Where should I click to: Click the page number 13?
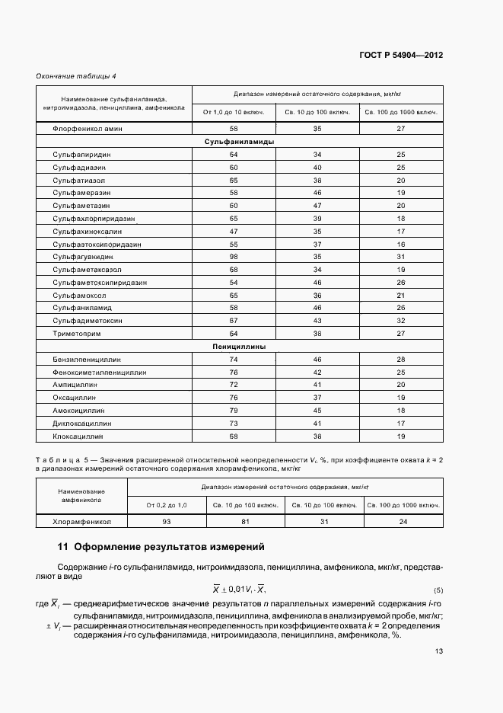pos(439,651)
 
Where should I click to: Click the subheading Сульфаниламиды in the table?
pos(240,141)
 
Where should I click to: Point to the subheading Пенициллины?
pos(240,346)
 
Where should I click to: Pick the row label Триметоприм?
pos(76,334)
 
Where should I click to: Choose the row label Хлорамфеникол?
pos(82,522)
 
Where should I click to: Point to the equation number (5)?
pos(438,591)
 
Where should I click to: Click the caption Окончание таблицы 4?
pos(76,76)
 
